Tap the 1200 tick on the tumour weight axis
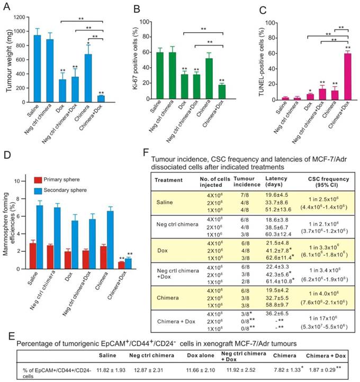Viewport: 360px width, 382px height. (x=22, y=17)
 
